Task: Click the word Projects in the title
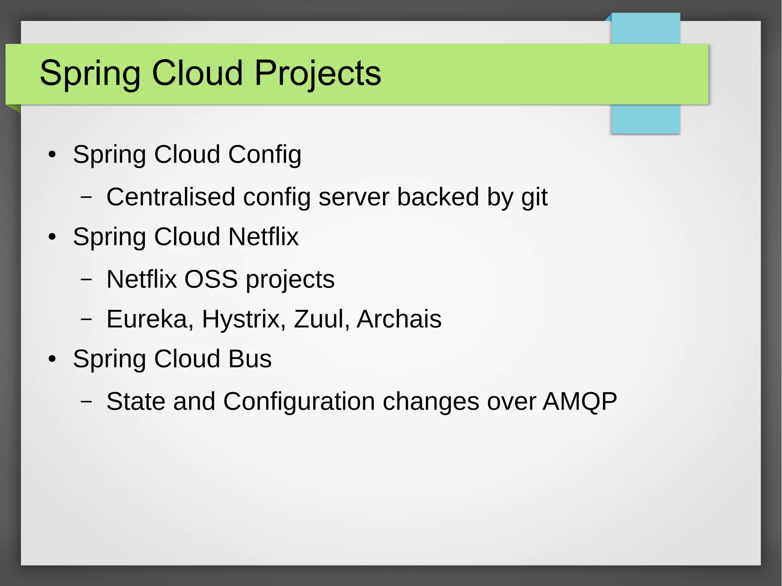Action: [317, 73]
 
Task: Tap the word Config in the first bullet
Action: [265, 155]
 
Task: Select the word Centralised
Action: [171, 197]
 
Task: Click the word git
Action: [534, 198]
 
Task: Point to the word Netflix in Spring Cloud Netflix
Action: [263, 237]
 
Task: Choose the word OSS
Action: [211, 279]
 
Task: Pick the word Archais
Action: [399, 319]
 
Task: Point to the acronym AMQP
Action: [579, 402]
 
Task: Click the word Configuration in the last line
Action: [299, 402]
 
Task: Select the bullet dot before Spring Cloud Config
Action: [52, 155]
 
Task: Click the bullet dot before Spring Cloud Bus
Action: [52, 359]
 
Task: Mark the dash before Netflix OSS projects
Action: [86, 279]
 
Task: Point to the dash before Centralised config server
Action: [86, 197]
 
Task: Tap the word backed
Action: [438, 197]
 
